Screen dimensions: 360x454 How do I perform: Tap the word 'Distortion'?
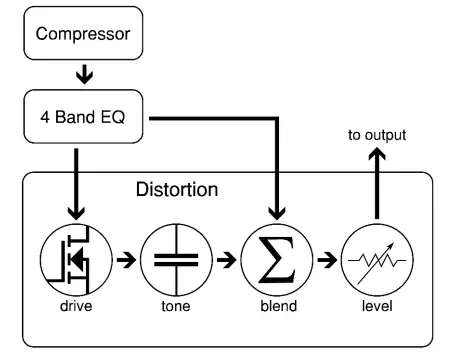176,188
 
